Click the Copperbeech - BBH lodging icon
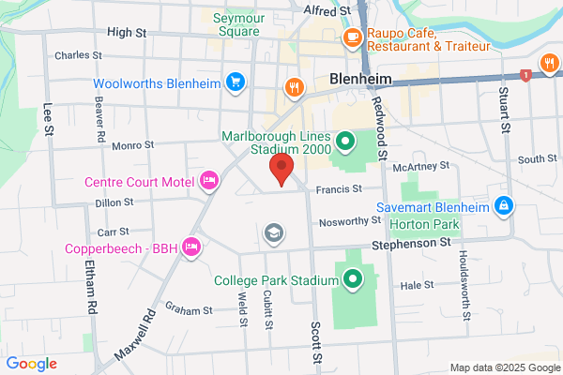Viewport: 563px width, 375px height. [191, 247]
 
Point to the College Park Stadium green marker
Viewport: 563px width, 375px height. [354, 279]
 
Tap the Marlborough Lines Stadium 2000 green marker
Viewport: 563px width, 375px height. [345, 143]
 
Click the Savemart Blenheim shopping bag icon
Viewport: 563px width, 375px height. [504, 205]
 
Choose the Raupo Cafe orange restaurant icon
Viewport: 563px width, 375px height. [353, 37]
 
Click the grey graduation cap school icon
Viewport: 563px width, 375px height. [274, 232]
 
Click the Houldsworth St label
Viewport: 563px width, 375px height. [464, 281]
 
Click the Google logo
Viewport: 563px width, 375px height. [31, 364]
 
